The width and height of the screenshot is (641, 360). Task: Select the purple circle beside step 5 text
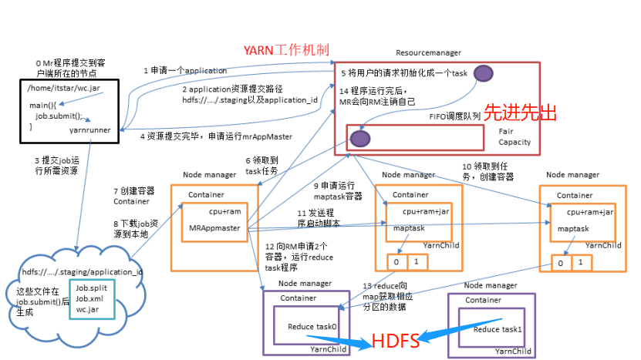click(484, 73)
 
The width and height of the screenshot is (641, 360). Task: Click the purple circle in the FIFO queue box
click(358, 138)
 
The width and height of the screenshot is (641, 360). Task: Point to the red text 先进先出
click(520, 113)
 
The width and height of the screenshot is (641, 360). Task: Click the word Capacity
click(514, 143)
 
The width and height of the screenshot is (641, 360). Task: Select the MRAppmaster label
click(214, 228)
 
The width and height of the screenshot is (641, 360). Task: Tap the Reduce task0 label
click(312, 327)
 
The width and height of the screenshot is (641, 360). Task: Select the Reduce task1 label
click(498, 329)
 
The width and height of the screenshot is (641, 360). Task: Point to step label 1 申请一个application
click(185, 70)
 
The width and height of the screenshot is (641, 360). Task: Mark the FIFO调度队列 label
click(456, 116)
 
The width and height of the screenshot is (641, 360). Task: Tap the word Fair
click(506, 131)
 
